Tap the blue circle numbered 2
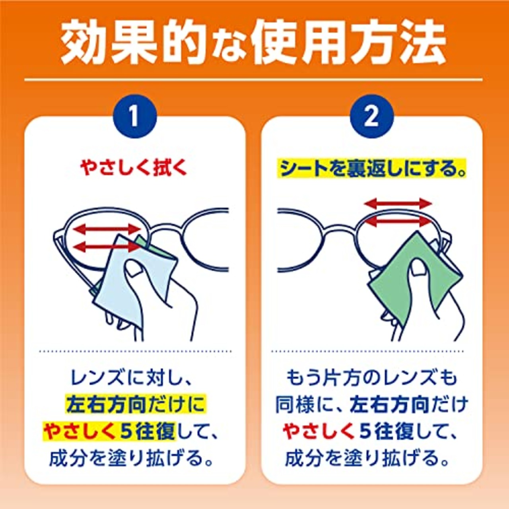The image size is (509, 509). (371, 116)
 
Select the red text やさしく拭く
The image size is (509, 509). (134, 168)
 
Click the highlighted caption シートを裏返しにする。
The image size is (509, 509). (372, 169)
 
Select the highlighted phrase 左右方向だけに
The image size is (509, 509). (135, 404)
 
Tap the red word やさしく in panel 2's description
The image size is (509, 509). (318, 431)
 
